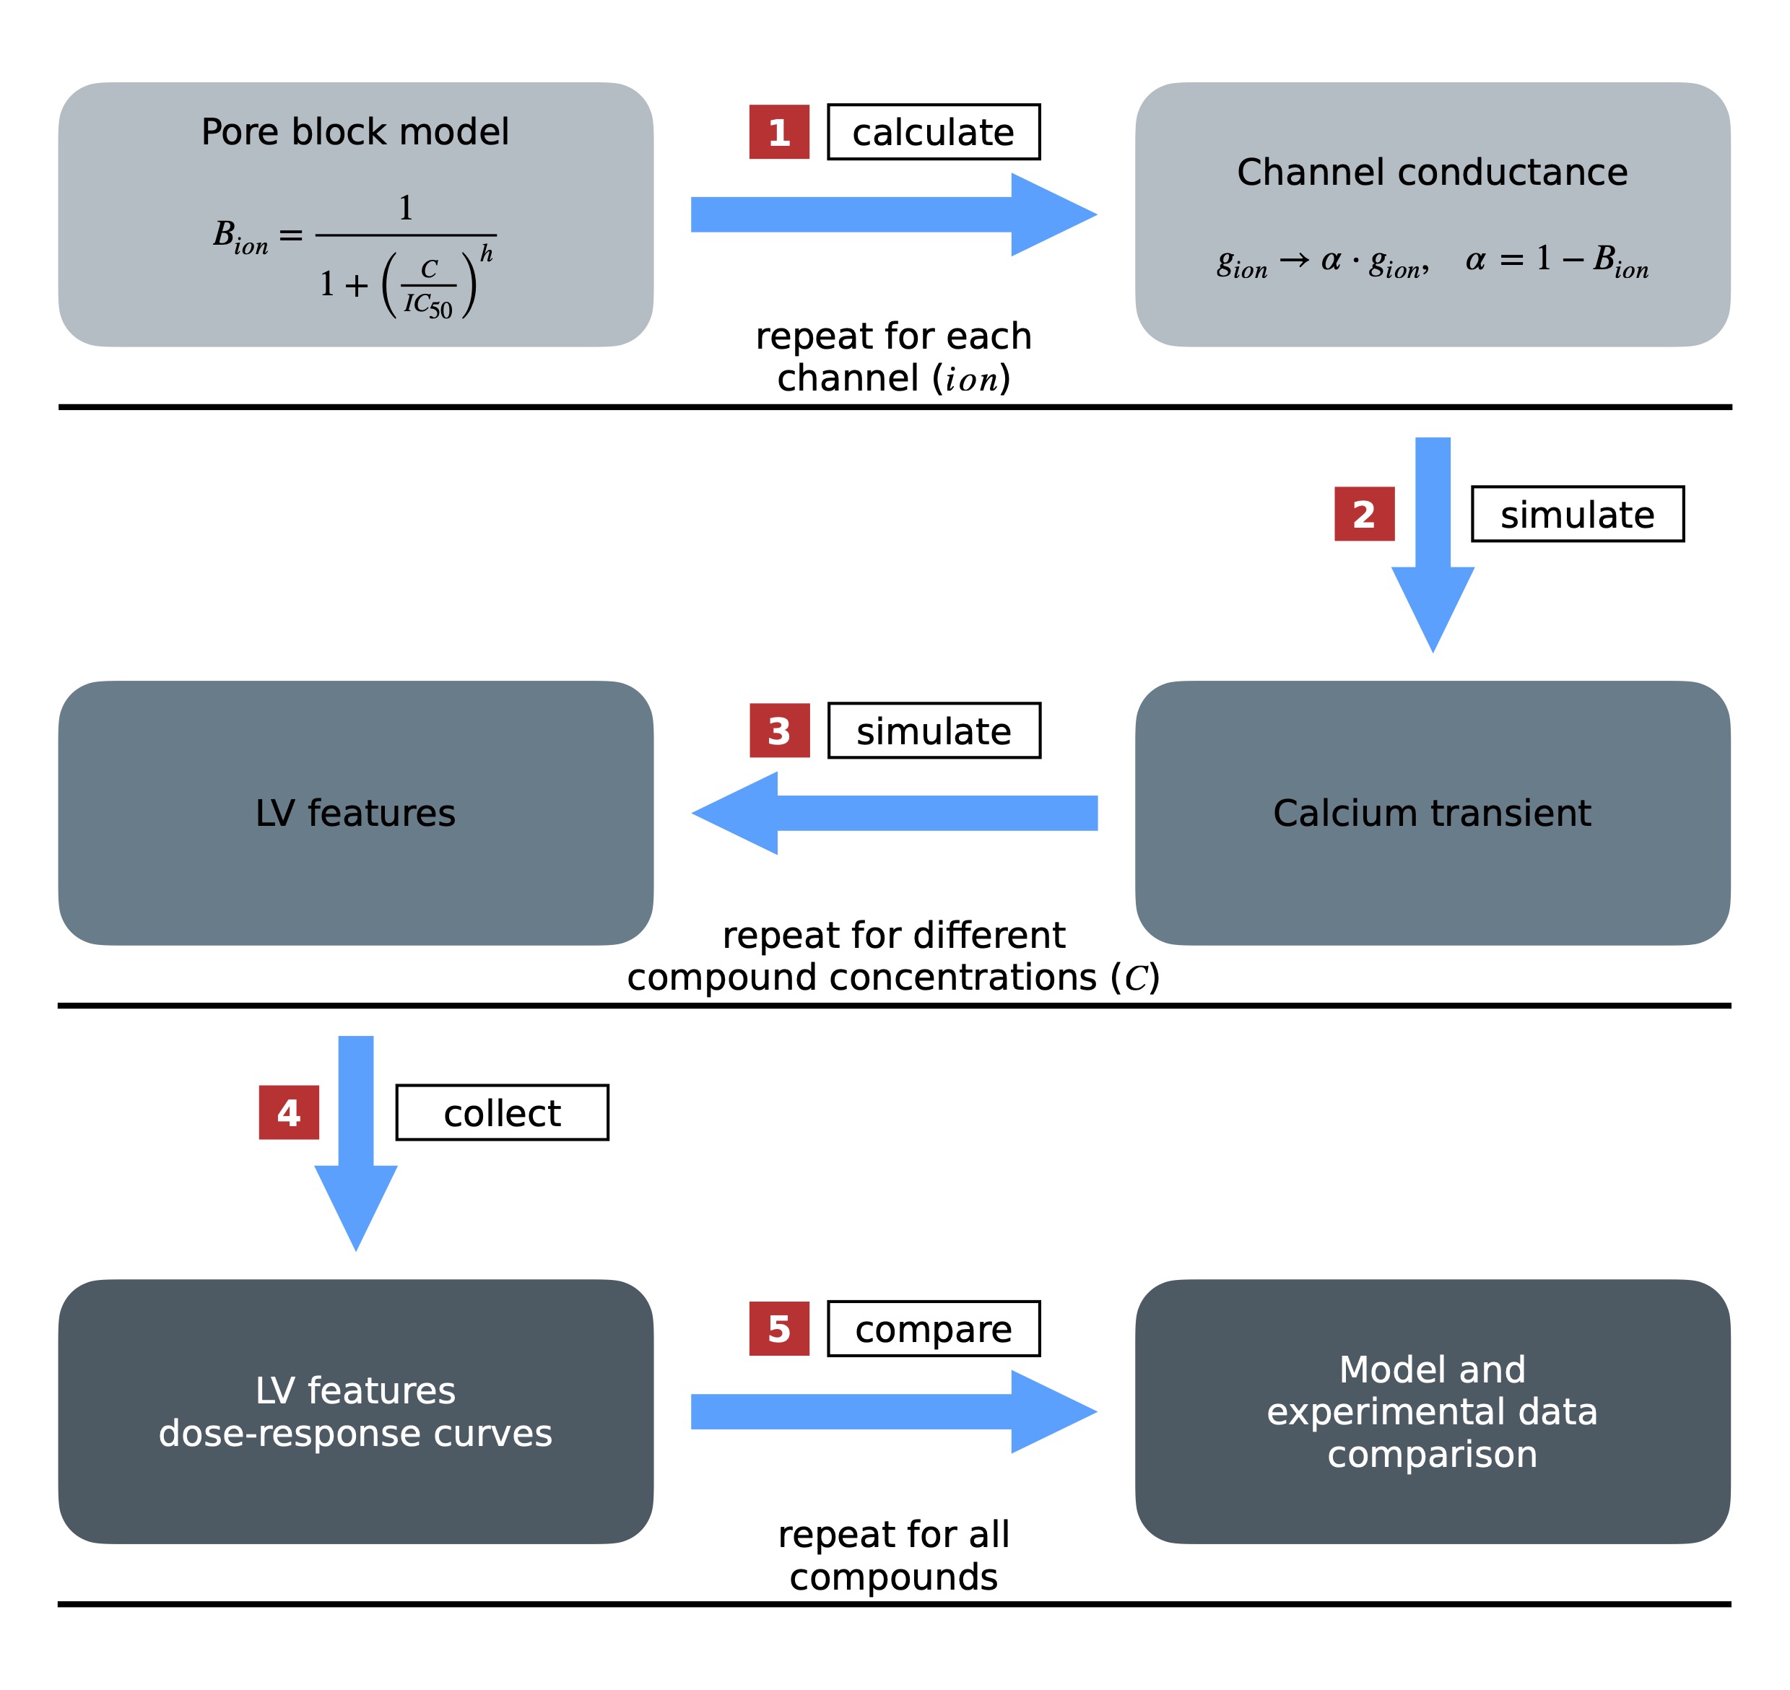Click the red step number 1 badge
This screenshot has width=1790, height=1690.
(778, 132)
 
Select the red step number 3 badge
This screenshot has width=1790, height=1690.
(779, 731)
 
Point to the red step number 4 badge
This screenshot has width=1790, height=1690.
(288, 1112)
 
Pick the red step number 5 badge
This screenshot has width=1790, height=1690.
(778, 1329)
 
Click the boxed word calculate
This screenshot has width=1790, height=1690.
(934, 132)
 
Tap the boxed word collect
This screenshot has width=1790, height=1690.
(502, 1112)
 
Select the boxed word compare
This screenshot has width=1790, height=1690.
(934, 1329)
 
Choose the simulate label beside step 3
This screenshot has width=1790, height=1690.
(934, 731)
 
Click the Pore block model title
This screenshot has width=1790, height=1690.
(355, 131)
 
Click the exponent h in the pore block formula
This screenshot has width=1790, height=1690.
(487, 253)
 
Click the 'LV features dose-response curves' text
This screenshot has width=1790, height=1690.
(355, 1411)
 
